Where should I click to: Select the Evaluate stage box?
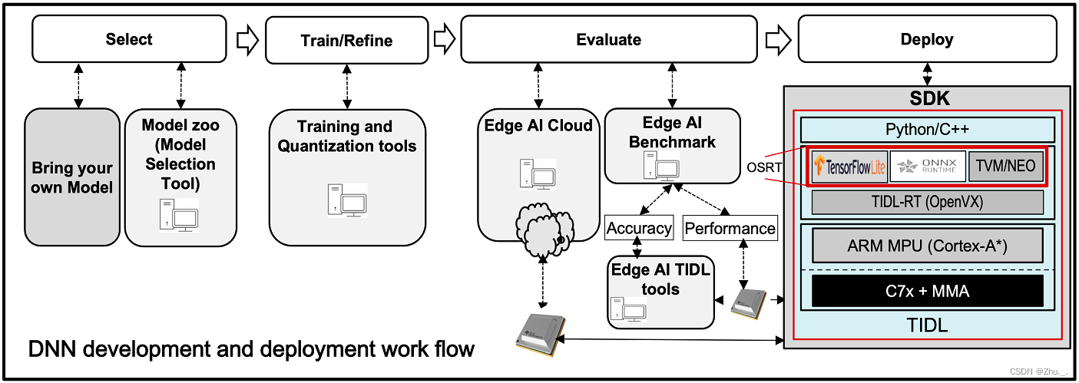[x=608, y=40]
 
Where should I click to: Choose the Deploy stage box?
[x=927, y=40]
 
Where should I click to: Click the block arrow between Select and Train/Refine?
[x=247, y=39]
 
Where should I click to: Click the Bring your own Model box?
[x=72, y=177]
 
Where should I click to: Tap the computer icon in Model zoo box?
[x=180, y=216]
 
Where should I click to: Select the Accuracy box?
[x=639, y=228]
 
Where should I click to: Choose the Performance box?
[x=730, y=228]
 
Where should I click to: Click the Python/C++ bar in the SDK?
[x=927, y=129]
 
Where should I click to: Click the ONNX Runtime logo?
[x=927, y=166]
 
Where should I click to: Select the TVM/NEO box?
[x=1006, y=165]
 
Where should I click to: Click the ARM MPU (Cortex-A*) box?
[x=927, y=247]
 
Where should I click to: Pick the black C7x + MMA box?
[x=927, y=292]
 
